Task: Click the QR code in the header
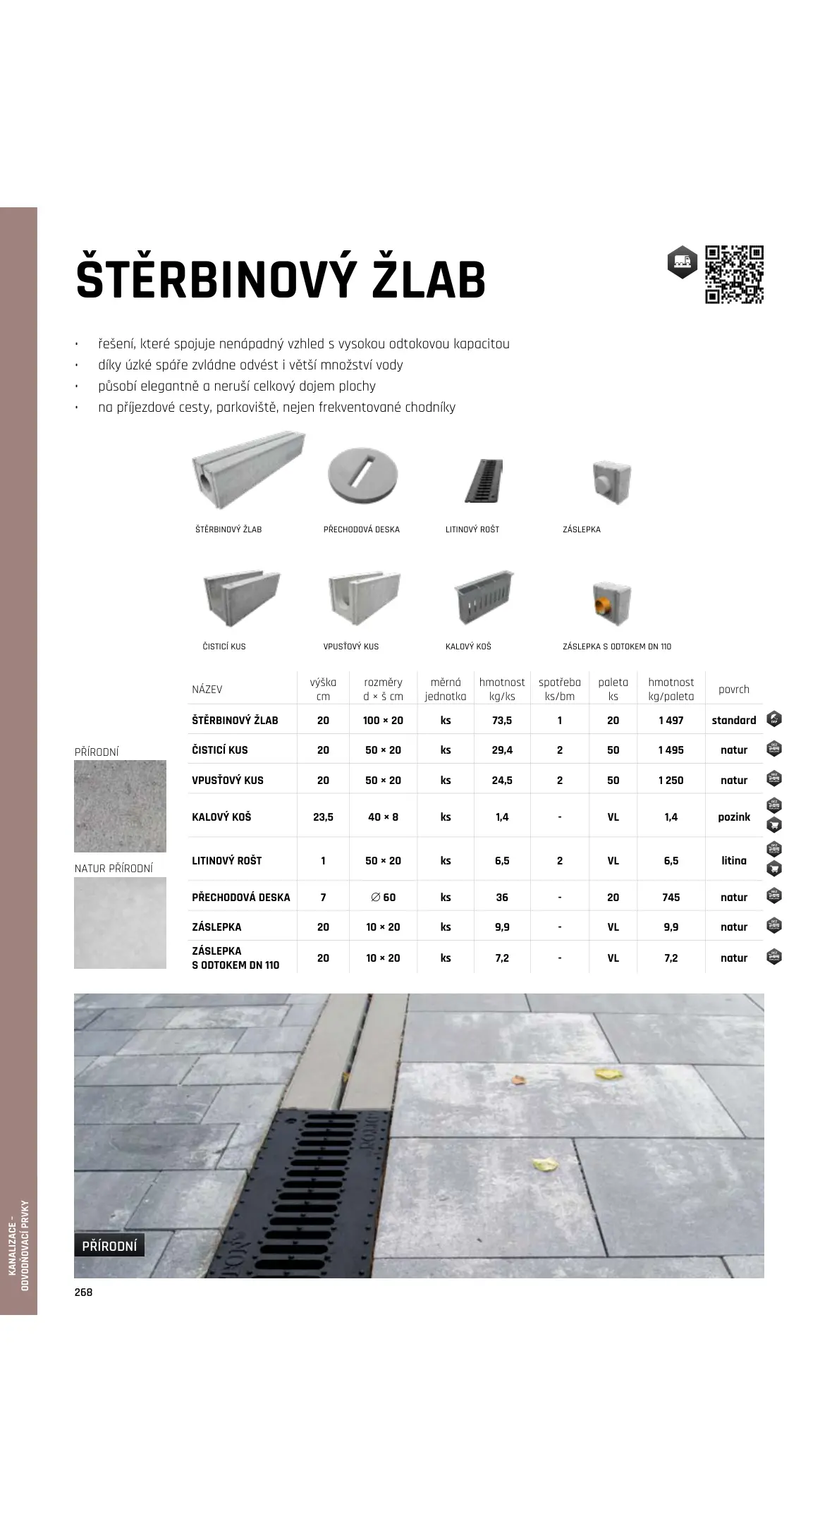point(734,274)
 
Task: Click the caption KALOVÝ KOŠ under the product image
point(468,647)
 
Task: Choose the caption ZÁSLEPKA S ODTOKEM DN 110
point(617,647)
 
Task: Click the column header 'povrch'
point(733,690)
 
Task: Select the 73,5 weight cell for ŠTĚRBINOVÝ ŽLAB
point(502,721)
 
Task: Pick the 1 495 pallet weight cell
point(671,750)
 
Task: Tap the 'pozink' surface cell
point(734,817)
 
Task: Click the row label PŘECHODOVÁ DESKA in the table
point(240,898)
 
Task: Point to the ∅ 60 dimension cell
point(383,898)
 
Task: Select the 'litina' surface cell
point(734,861)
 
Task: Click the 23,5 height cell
point(323,817)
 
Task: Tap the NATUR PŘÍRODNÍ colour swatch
point(120,923)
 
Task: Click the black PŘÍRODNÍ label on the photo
point(109,1246)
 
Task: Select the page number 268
point(83,1292)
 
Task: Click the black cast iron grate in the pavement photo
point(300,1192)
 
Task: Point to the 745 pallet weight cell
point(671,898)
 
